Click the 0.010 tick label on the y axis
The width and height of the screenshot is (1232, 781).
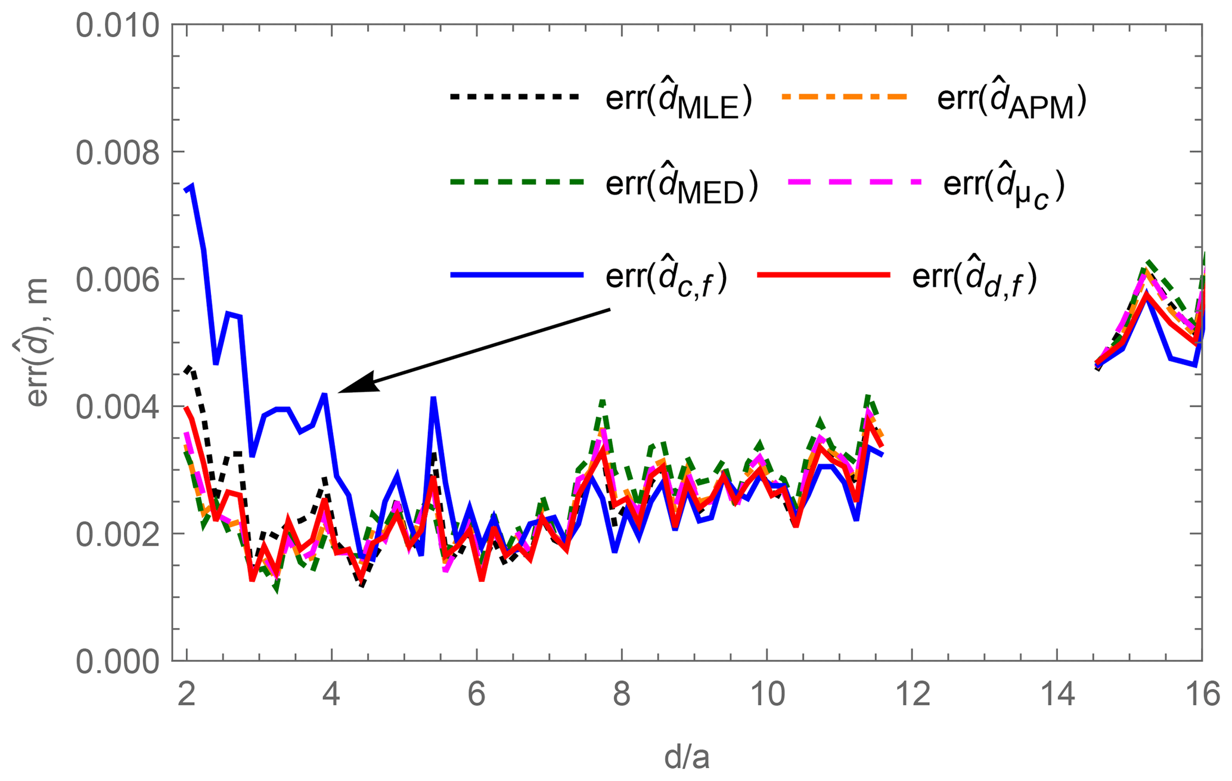click(x=118, y=26)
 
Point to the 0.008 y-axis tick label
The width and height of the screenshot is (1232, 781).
click(x=118, y=153)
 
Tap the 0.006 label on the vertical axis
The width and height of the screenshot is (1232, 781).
click(x=118, y=280)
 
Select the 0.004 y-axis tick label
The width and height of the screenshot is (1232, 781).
click(x=118, y=407)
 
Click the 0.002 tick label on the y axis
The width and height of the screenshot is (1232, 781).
click(x=118, y=535)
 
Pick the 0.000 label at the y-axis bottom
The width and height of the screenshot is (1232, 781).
click(x=118, y=662)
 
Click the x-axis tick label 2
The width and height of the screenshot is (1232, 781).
click(x=187, y=695)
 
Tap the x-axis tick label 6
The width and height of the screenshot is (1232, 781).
click(x=476, y=695)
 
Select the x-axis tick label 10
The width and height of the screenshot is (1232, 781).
click(x=766, y=695)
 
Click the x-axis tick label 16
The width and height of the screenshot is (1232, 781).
click(x=1202, y=695)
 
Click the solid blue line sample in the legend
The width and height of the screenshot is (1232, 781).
click(x=516, y=275)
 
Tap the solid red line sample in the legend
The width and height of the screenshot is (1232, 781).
click(x=823, y=275)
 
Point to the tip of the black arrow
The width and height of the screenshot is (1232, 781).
click(x=340, y=392)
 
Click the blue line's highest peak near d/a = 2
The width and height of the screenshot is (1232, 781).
click(x=192, y=186)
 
